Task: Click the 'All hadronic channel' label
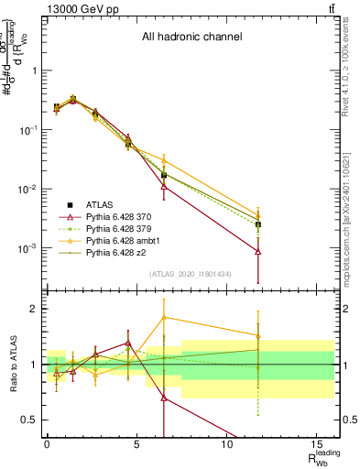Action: [x=191, y=38]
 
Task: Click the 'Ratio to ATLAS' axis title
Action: [x=12, y=365]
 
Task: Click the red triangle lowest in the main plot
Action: [x=258, y=251]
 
